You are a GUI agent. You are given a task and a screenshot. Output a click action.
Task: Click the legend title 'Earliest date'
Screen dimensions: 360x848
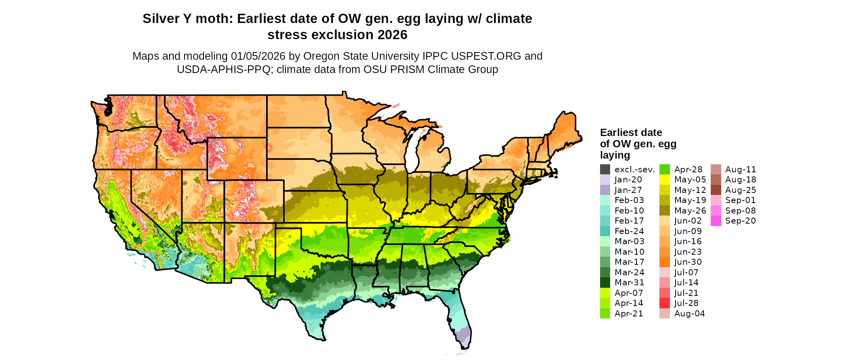[x=631, y=133]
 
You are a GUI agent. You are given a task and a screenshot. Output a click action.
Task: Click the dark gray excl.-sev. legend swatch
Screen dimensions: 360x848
[x=605, y=170]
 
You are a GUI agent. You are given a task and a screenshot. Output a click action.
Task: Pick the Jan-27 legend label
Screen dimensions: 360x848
[x=628, y=190]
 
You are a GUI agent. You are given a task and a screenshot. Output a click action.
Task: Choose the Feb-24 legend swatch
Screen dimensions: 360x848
[x=605, y=231]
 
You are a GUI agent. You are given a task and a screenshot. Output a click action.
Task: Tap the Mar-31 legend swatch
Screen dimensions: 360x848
[x=605, y=283]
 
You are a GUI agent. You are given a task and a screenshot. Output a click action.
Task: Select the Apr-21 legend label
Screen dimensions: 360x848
[x=629, y=314]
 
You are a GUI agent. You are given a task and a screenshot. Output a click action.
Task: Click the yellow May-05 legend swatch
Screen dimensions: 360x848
[x=664, y=180]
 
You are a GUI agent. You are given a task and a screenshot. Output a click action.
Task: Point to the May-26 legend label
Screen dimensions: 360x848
[x=690, y=211]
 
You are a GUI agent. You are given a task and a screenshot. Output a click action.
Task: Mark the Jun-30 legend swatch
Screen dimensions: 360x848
[x=664, y=262]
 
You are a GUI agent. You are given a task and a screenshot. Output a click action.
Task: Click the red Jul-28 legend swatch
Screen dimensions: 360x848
[x=664, y=303]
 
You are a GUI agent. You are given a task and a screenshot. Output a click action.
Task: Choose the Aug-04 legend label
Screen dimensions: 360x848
[x=689, y=314]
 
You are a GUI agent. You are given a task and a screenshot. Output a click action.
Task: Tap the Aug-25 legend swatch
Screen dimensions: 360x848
[x=716, y=190]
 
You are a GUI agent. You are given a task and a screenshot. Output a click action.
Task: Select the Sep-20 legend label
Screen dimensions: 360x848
[x=740, y=221]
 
